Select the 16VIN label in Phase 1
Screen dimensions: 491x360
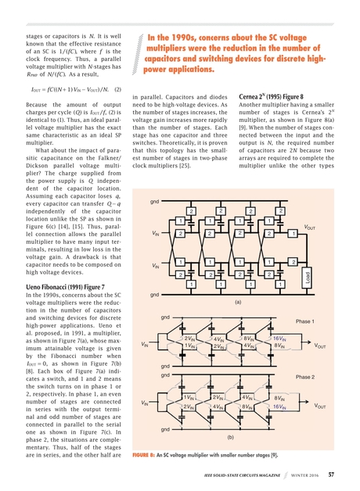(x=279, y=338)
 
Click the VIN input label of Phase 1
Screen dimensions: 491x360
(x=145, y=344)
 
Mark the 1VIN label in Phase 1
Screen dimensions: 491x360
(x=189, y=345)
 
